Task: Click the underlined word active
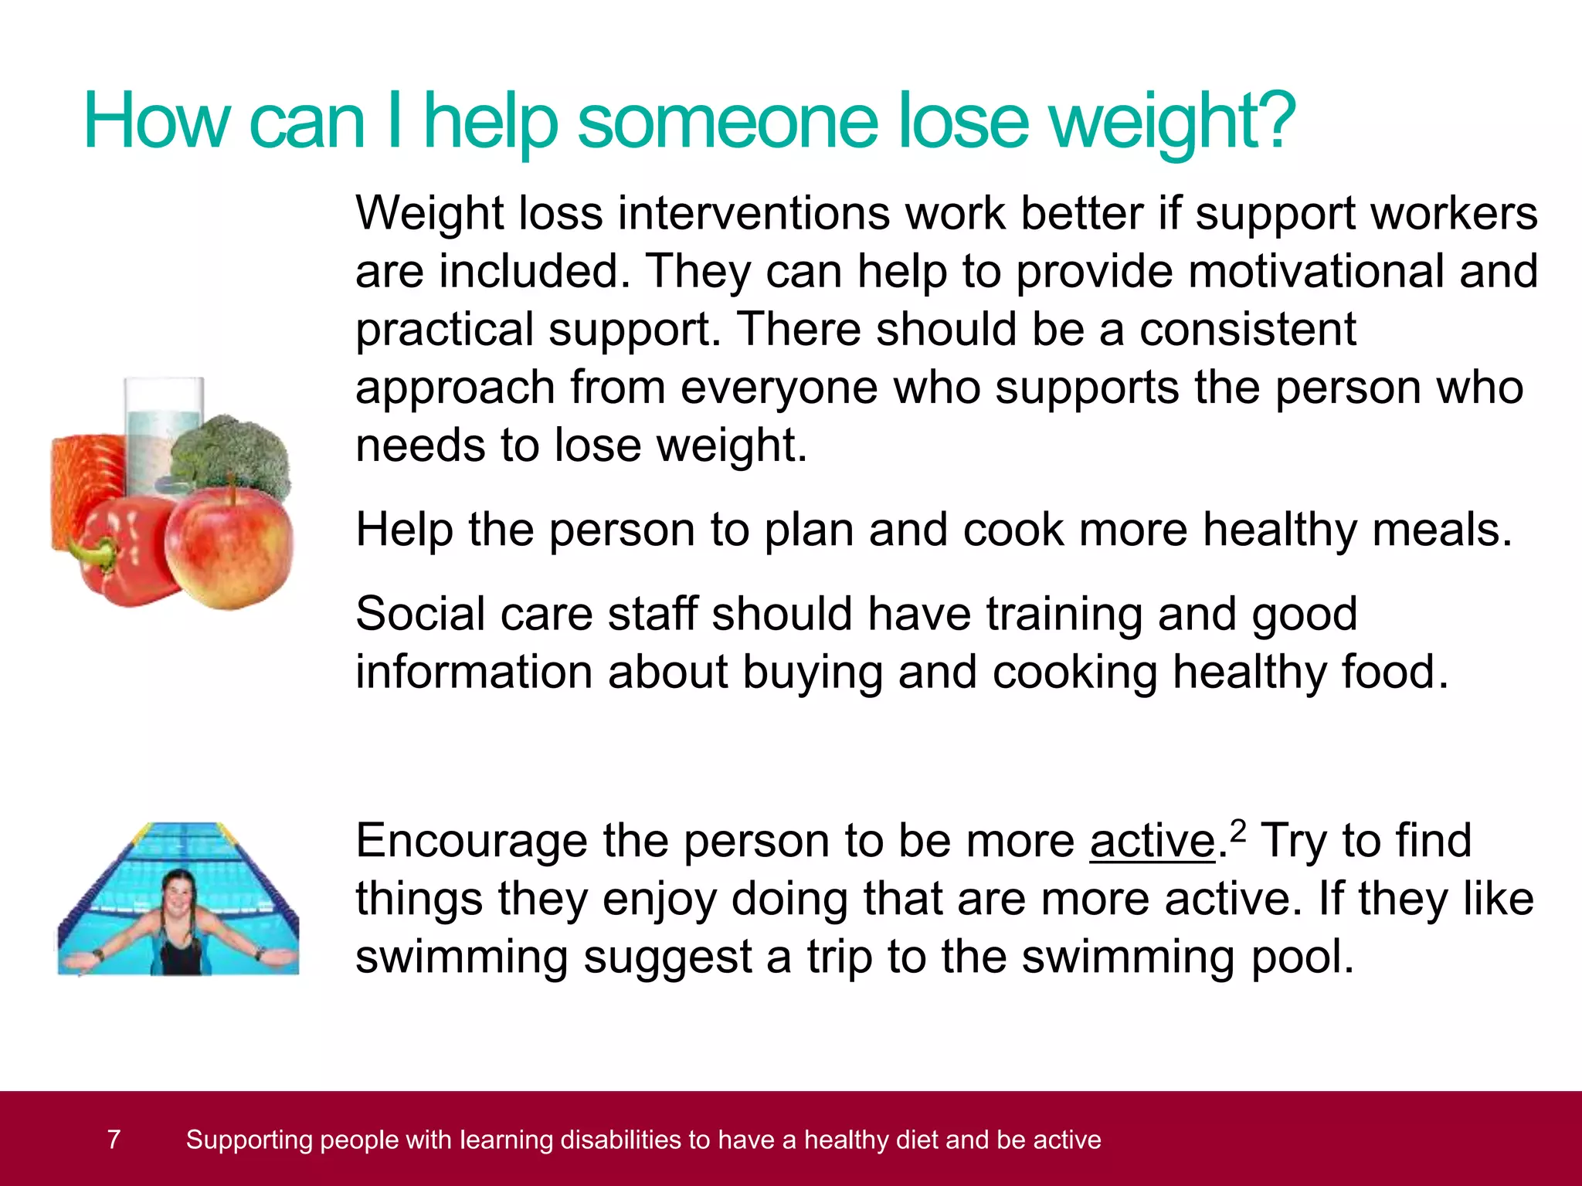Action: (1153, 841)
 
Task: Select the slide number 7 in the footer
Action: (114, 1140)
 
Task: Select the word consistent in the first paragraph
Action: (1248, 330)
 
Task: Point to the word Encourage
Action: (470, 841)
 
